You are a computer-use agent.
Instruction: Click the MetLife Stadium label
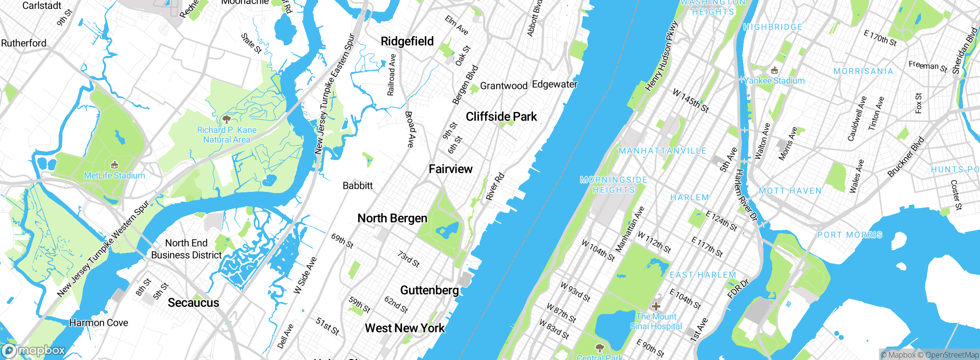pyautogui.click(x=114, y=176)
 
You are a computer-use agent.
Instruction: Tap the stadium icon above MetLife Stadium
pyautogui.click(x=114, y=165)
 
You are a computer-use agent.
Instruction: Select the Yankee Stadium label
pyautogui.click(x=775, y=81)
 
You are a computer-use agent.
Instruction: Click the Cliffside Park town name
pyautogui.click(x=501, y=116)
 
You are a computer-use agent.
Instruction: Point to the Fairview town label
pyautogui.click(x=450, y=169)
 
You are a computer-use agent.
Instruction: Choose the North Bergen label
pyautogui.click(x=392, y=218)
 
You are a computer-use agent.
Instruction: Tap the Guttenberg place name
pyautogui.click(x=429, y=290)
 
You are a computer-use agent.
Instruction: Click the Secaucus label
pyautogui.click(x=193, y=303)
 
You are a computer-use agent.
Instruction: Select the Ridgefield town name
pyautogui.click(x=407, y=41)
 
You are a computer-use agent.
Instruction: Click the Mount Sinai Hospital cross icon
pyautogui.click(x=656, y=306)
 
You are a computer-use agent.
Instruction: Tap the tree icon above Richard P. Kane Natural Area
pyautogui.click(x=227, y=119)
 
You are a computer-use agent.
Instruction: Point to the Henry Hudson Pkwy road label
pyautogui.click(x=661, y=57)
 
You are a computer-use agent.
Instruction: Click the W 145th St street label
pyautogui.click(x=691, y=101)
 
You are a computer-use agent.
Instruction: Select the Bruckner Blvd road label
pyautogui.click(x=906, y=157)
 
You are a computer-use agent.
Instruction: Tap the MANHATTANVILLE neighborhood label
pyautogui.click(x=662, y=151)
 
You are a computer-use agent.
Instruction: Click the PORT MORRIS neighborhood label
pyautogui.click(x=849, y=235)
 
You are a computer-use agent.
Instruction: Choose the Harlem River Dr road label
pyautogui.click(x=746, y=195)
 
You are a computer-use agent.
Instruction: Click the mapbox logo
pyautogui.click(x=34, y=350)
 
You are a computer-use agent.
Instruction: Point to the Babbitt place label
pyautogui.click(x=358, y=186)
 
